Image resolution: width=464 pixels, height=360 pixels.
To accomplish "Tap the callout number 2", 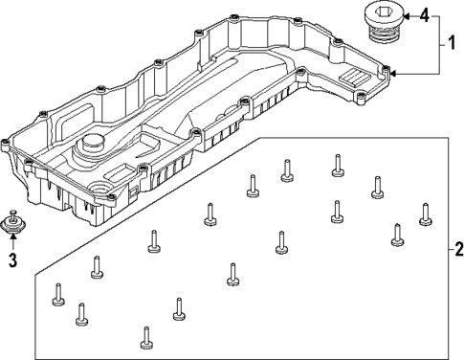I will [455, 253].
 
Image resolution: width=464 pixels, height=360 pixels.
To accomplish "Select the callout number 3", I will [12, 259].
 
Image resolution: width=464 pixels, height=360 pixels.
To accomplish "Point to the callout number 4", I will [424, 16].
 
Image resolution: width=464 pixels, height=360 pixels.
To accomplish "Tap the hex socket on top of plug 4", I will [383, 11].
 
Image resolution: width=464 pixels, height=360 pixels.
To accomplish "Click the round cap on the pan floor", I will [92, 145].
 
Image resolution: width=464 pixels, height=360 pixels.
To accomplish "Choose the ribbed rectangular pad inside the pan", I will [351, 79].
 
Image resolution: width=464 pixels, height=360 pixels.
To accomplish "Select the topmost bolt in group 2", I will [337, 166].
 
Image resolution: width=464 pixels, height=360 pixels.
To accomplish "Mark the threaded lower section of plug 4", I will [384, 36].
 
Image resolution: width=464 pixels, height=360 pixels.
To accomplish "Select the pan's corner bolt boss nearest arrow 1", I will [385, 73].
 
